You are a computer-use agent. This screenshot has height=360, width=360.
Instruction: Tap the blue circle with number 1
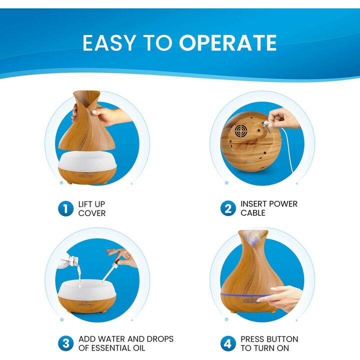tap(65, 208)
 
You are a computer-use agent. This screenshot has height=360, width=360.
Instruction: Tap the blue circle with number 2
tap(227, 208)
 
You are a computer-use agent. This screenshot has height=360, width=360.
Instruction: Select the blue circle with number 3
tap(65, 343)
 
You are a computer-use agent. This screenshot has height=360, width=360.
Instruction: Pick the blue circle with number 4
tap(227, 343)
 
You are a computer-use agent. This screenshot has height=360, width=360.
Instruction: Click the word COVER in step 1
tap(92, 213)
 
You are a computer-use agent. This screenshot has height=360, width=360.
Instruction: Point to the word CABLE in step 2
tap(253, 213)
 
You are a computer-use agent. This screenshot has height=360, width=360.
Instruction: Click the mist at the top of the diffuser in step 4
tap(253, 239)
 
